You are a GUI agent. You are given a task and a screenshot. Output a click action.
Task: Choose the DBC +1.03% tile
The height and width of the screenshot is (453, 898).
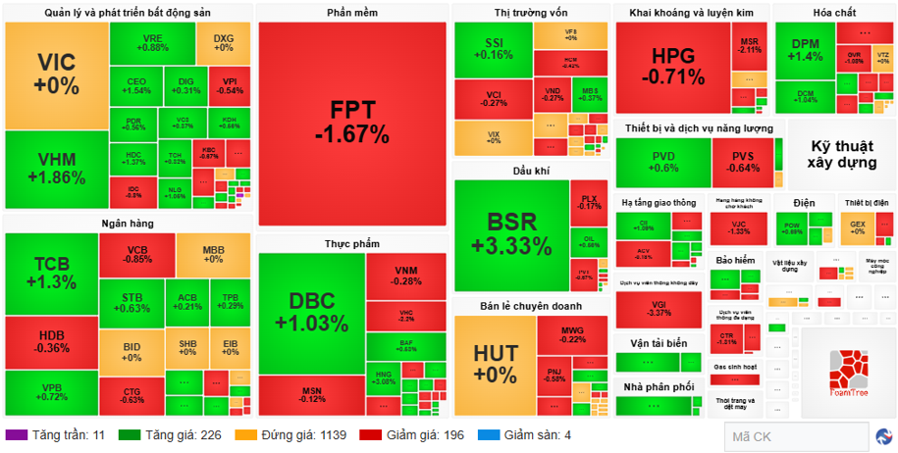[311, 311]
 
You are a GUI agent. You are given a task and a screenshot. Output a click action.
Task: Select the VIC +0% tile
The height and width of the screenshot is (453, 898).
[56, 75]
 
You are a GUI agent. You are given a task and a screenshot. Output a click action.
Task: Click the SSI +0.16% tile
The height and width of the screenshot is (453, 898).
[493, 50]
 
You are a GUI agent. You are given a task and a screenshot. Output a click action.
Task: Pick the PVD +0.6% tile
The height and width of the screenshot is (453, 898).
[663, 162]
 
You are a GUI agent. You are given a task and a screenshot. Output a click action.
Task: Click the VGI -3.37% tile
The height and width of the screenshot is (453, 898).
[660, 309]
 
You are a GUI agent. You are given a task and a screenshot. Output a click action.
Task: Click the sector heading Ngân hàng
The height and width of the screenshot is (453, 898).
[128, 224]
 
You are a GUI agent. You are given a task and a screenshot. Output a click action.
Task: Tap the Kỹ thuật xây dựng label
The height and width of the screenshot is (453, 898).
[840, 154]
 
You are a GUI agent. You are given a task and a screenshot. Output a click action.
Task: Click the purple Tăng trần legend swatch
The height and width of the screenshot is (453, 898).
[16, 435]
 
